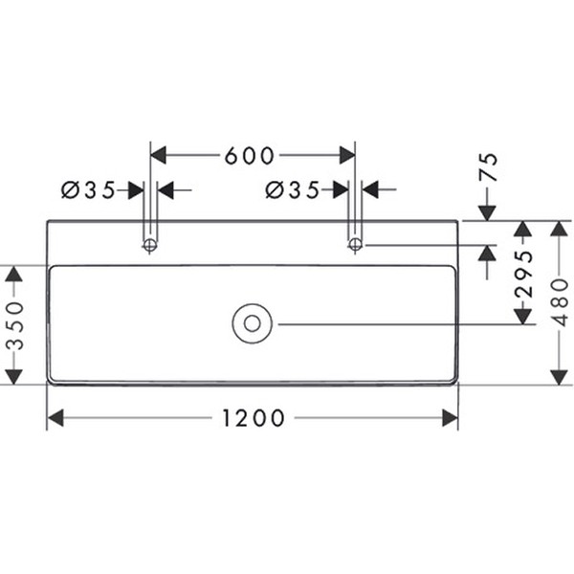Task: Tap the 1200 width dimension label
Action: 253,418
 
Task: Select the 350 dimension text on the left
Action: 13,325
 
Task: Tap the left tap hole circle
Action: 149,246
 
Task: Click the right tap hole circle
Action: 355,246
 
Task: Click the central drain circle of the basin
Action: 252,323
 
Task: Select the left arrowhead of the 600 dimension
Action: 160,155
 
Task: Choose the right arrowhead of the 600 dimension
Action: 346,155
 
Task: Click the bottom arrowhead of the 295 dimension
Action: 522,316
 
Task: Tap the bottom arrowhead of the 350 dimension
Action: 13,376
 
